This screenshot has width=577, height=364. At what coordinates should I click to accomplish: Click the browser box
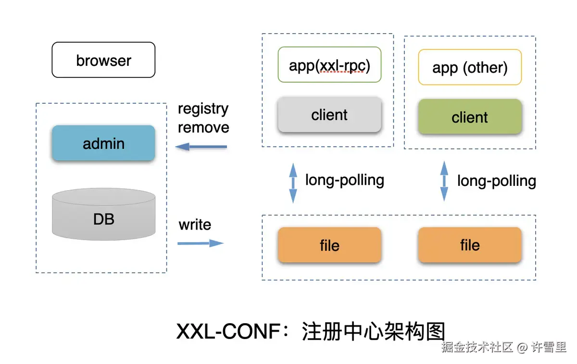pyautogui.click(x=103, y=60)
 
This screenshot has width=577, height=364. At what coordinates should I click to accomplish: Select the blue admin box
pyautogui.click(x=103, y=143)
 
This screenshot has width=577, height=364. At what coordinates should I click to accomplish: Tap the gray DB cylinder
pyautogui.click(x=103, y=215)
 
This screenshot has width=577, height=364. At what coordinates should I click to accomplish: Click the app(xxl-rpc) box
pyautogui.click(x=329, y=65)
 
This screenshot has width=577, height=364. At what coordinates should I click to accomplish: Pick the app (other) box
pyautogui.click(x=470, y=67)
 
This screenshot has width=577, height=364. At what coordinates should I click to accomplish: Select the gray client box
pyautogui.click(x=329, y=115)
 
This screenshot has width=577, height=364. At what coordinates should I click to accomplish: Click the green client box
pyautogui.click(x=470, y=117)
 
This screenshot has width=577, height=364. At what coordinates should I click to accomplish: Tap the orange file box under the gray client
pyautogui.click(x=329, y=245)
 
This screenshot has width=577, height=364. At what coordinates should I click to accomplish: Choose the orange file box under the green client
pyautogui.click(x=470, y=245)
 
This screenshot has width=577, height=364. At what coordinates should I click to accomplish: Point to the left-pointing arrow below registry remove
pyautogui.click(x=201, y=147)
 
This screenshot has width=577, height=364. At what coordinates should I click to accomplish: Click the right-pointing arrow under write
pyautogui.click(x=201, y=243)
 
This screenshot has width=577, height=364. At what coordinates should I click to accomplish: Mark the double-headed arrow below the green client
pyautogui.click(x=444, y=181)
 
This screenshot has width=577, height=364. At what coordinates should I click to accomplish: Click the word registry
pyautogui.click(x=203, y=109)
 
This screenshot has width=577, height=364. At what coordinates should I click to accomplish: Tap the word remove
pyautogui.click(x=203, y=127)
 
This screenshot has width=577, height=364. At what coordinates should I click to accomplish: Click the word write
pyautogui.click(x=195, y=225)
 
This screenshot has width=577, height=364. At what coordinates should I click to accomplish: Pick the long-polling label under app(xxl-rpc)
pyautogui.click(x=345, y=180)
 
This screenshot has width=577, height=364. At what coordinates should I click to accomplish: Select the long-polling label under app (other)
pyautogui.click(x=496, y=181)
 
